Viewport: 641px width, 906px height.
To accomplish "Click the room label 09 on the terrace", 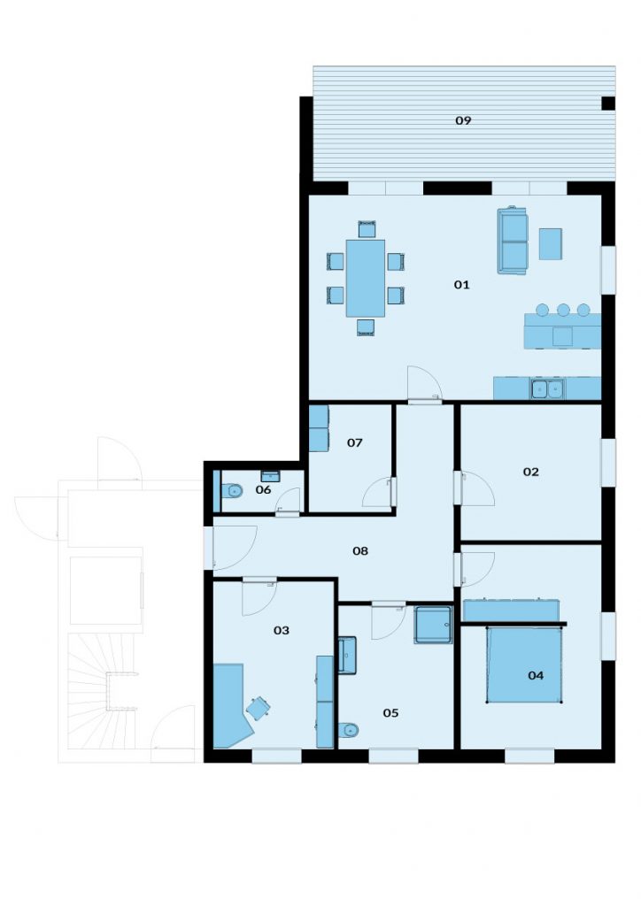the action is pos(463,120).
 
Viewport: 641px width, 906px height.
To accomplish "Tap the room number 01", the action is pos(461,284).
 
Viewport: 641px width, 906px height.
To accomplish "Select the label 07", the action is pos(354,442).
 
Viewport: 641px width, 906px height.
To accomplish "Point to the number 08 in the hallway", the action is pos(360,550).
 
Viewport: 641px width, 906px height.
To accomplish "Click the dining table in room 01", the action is pos(366,278).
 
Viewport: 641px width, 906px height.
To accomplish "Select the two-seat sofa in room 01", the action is pos(513,240).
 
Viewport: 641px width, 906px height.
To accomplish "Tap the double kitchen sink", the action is pos(547,389).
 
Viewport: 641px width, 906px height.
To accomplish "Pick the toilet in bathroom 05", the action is pos(349,730).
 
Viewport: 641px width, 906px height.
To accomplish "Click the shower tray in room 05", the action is pos(433,625).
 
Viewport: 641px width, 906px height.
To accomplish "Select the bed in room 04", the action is pos(523,664).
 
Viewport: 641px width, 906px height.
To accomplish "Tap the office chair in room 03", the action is pos(258,709).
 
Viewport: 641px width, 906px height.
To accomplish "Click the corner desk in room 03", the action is pos(230,706).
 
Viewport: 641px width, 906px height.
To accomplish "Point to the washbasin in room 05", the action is pos(347,656).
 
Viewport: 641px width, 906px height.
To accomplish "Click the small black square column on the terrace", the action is pos(608,104).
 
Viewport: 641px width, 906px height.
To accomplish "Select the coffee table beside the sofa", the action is pos(551,244).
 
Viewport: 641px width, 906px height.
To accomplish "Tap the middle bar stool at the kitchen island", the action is pos(563,310).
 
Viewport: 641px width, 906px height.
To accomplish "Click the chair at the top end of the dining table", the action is pos(367,229).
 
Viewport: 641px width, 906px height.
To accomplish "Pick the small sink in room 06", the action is pos(270,476).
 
